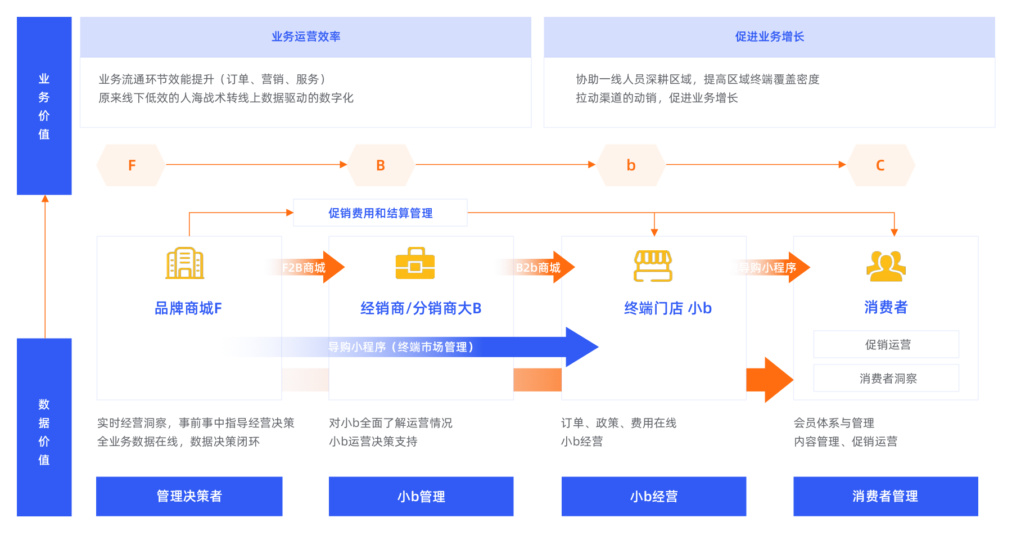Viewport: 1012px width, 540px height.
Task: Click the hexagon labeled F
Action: coord(131,165)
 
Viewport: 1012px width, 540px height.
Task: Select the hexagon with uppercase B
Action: coord(381,165)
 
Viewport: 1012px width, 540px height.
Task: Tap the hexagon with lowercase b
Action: coord(631,165)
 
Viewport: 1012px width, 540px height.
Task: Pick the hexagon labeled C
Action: coord(880,165)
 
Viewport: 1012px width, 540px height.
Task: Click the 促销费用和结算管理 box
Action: coord(380,213)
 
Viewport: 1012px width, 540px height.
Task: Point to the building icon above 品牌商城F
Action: coord(185,263)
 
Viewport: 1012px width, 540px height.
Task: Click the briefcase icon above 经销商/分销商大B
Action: coord(415,263)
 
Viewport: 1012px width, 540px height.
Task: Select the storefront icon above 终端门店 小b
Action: coord(653,265)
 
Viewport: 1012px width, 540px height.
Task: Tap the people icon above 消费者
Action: coord(885,265)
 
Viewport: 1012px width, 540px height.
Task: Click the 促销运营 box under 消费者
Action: coord(886,344)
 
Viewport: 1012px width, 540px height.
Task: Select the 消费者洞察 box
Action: coord(886,378)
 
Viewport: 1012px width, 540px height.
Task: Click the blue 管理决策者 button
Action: coord(189,496)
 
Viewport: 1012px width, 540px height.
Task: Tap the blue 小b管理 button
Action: coord(421,496)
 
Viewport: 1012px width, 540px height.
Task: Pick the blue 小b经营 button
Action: coord(653,496)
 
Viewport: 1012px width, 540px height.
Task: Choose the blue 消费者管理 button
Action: coord(885,496)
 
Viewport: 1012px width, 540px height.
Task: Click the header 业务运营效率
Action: coord(306,37)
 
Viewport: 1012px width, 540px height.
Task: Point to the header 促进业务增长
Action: coord(769,37)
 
